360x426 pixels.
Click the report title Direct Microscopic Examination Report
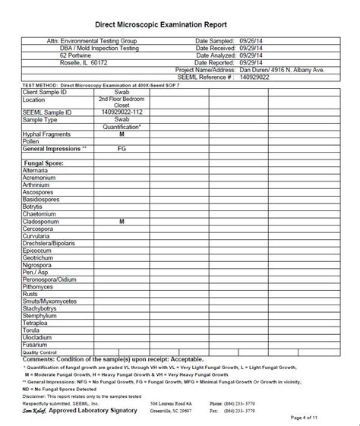pyautogui.click(x=179, y=24)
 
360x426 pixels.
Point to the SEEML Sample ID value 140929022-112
pyautogui.click(x=122, y=112)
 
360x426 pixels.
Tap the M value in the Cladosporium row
pyautogui.click(x=122, y=222)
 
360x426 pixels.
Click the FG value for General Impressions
pyautogui.click(x=122, y=150)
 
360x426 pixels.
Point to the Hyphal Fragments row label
pyautogui.click(x=49, y=134)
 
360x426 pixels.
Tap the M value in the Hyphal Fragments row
pyautogui.click(x=122, y=134)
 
